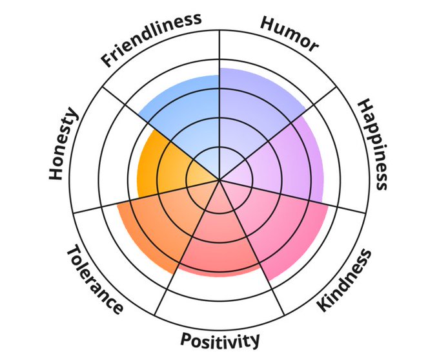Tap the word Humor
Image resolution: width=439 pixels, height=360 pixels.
point(289,33)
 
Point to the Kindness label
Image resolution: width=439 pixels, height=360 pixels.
point(345,280)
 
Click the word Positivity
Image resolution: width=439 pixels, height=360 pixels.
point(220,339)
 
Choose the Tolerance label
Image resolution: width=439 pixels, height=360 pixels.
point(94,278)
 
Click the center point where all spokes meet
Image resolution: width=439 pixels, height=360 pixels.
point(220,179)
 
